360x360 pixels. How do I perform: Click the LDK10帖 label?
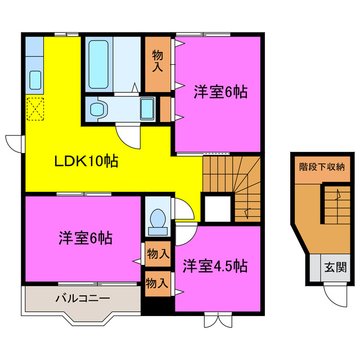[x=85, y=162]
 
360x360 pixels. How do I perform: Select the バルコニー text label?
[x=82, y=298]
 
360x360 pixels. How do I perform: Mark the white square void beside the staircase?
[x=218, y=208]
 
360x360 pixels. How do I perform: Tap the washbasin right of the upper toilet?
[x=147, y=107]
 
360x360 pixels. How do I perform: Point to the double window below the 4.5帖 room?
[x=217, y=321]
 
